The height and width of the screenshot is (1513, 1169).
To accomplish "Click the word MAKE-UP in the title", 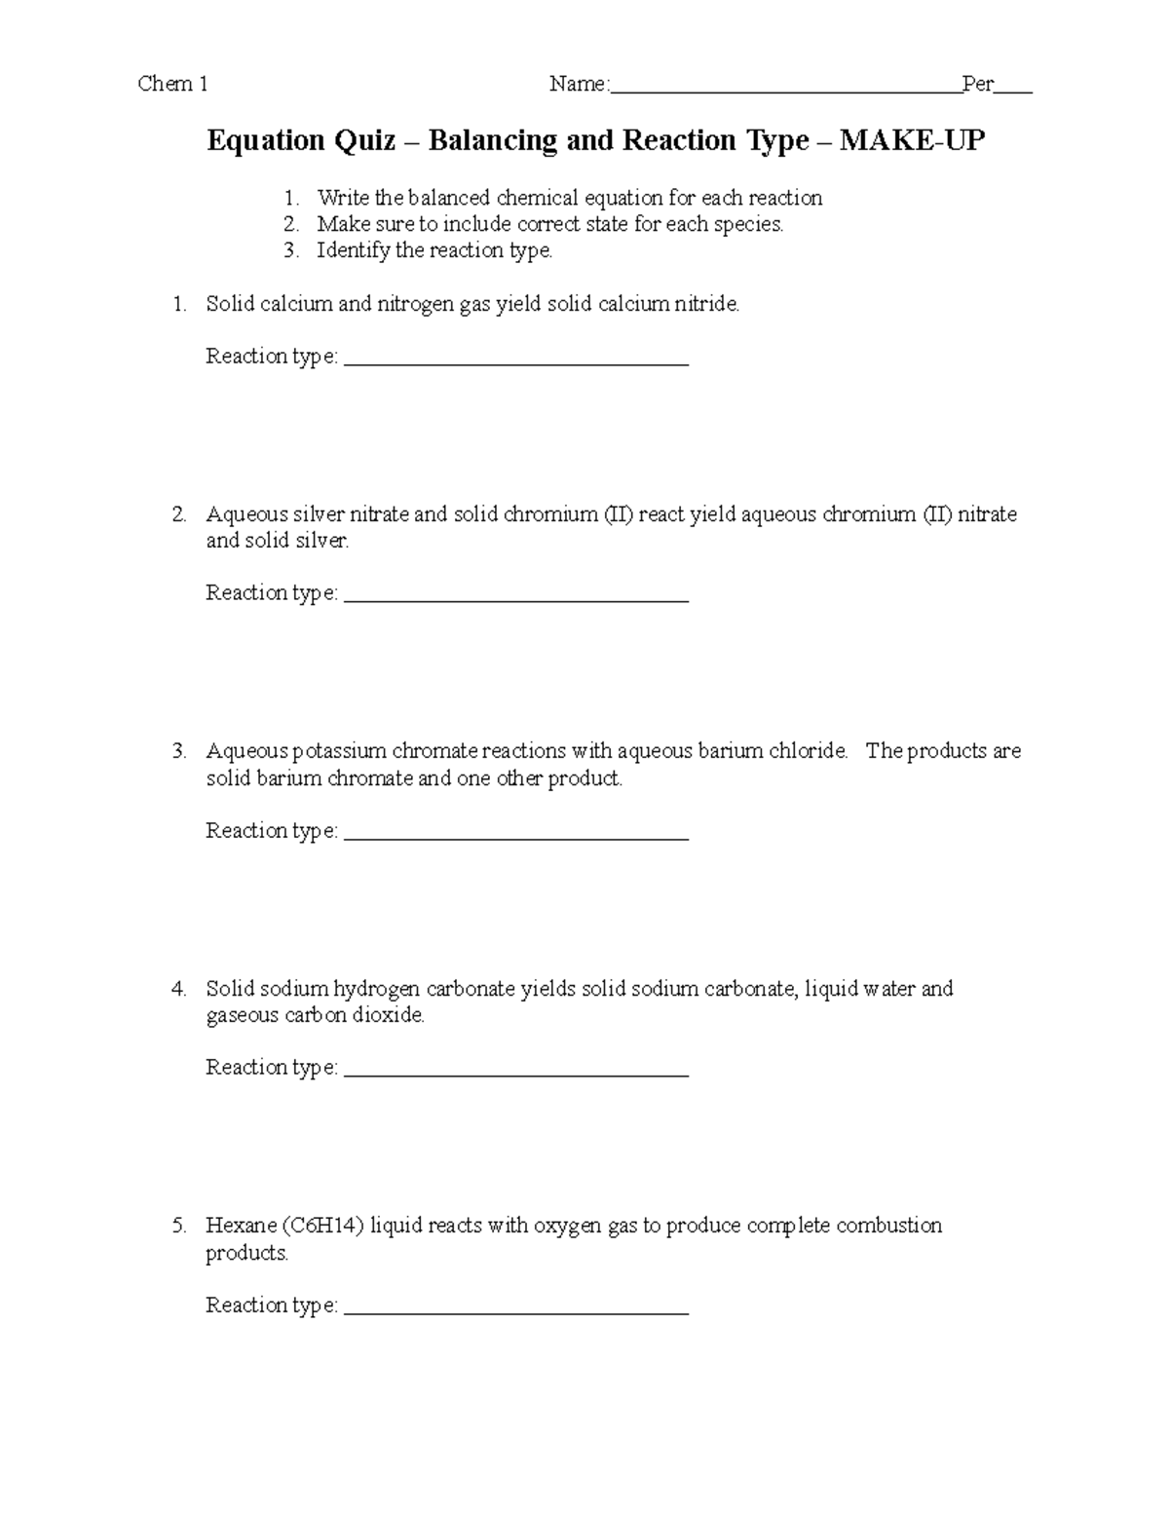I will point(912,141).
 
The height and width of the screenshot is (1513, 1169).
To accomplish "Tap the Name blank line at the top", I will point(785,91).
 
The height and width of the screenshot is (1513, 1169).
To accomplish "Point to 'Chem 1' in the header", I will point(173,84).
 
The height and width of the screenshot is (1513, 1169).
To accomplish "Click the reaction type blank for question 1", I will point(516,361).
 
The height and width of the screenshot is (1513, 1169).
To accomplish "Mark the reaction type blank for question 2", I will point(516,598).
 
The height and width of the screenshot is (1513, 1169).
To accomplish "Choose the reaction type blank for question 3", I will point(516,836).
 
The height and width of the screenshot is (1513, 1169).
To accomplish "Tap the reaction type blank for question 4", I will point(516,1073).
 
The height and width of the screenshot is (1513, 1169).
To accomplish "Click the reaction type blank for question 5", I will point(516,1310).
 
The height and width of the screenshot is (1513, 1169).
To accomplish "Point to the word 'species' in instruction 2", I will point(748,224).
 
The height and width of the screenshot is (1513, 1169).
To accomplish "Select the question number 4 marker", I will point(178,989).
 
